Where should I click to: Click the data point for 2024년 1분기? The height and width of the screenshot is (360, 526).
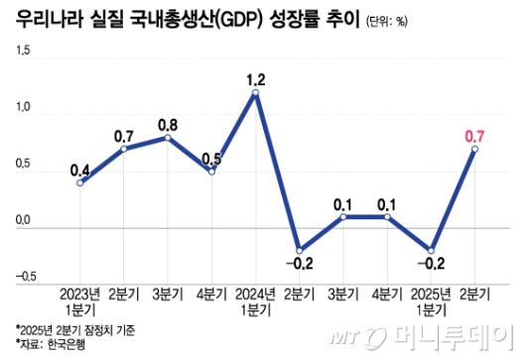click(256, 93)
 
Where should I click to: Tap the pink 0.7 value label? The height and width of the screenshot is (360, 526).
click(474, 130)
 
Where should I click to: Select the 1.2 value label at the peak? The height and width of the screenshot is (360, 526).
click(256, 73)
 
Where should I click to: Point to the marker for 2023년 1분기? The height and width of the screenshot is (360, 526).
click(80, 182)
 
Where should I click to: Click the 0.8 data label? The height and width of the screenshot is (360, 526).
click(168, 124)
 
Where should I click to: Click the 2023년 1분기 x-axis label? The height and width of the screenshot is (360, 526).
click(80, 301)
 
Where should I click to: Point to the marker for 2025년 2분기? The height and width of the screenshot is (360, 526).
click(474, 149)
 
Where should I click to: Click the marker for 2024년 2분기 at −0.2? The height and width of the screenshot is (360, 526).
click(300, 249)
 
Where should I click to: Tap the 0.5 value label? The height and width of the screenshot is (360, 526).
click(211, 158)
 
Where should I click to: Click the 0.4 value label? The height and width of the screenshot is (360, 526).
click(80, 169)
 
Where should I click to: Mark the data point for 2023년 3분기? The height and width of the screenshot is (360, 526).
click(168, 137)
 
